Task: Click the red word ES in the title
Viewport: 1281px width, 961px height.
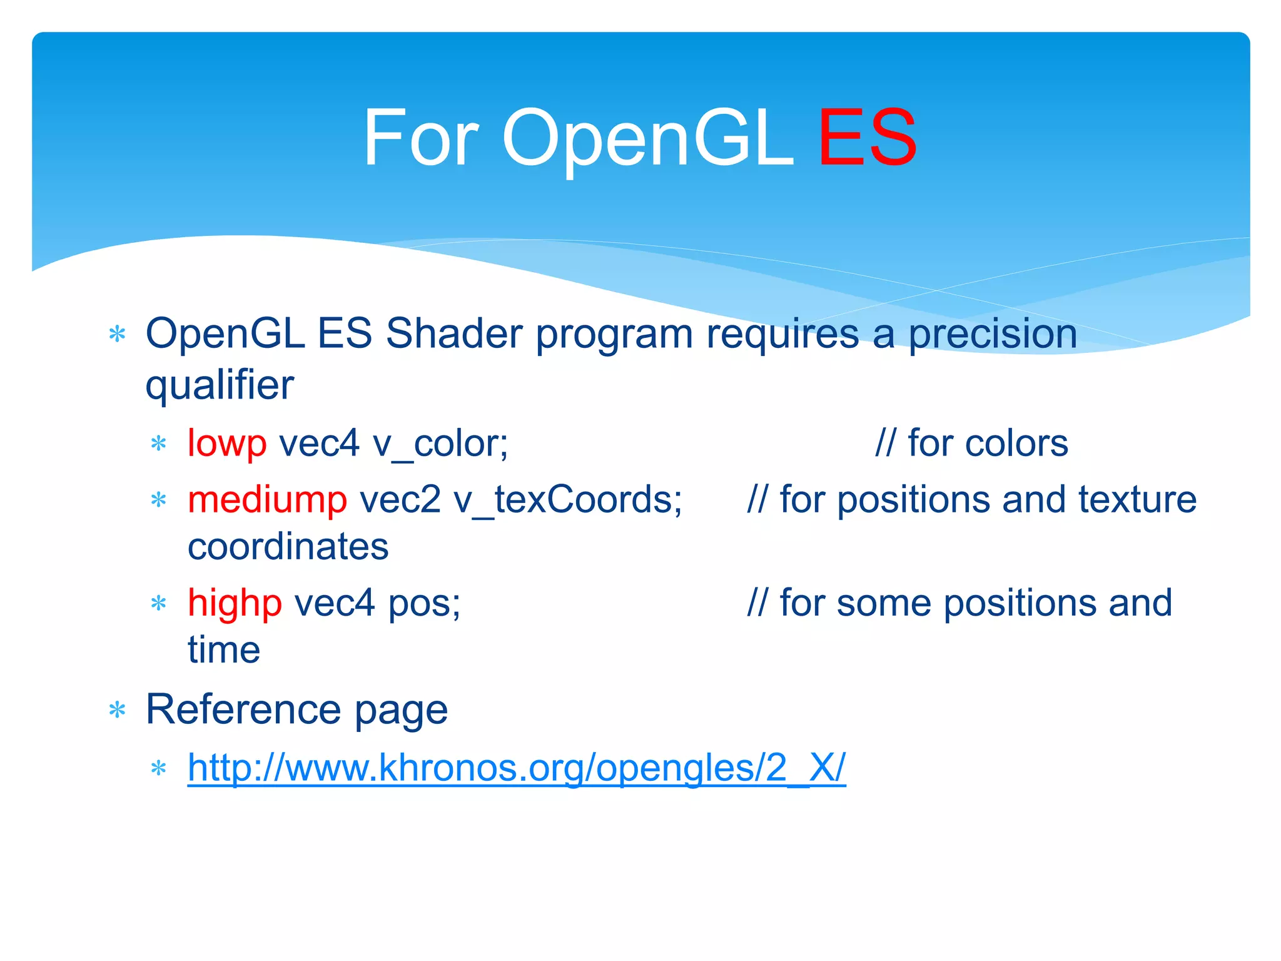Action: pyautogui.click(x=867, y=138)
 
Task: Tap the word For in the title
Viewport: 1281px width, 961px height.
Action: pyautogui.click(x=421, y=138)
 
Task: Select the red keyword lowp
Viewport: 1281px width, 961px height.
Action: pyautogui.click(x=227, y=444)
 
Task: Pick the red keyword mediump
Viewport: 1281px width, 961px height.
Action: pyautogui.click(x=267, y=501)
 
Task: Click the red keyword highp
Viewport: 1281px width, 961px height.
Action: pyautogui.click(x=235, y=604)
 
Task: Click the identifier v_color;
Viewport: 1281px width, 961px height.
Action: pyautogui.click(x=440, y=444)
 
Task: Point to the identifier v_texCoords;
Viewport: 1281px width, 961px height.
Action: pyautogui.click(x=567, y=501)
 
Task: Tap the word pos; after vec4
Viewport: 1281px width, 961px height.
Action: pyautogui.click(x=424, y=604)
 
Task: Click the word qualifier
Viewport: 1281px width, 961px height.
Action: pyautogui.click(x=219, y=385)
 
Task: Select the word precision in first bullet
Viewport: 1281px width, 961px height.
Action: pyautogui.click(x=993, y=334)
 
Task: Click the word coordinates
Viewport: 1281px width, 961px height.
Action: pyautogui.click(x=288, y=547)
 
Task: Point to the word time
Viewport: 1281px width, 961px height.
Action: pyautogui.click(x=224, y=650)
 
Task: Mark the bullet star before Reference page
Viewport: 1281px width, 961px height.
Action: pyautogui.click(x=117, y=711)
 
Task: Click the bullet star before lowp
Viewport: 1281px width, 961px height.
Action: pyautogui.click(x=158, y=444)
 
